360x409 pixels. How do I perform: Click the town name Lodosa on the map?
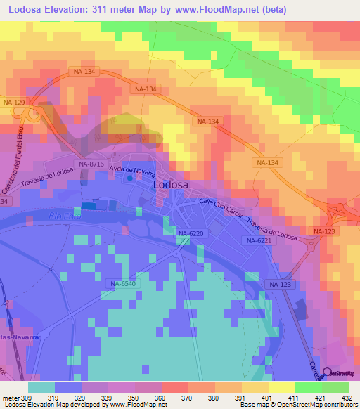[x=170, y=184]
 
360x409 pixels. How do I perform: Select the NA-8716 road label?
[x=91, y=164]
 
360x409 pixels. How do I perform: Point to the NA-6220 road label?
[x=190, y=233]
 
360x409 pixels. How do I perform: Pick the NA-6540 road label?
[x=122, y=284]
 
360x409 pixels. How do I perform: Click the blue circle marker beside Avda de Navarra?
[x=129, y=178]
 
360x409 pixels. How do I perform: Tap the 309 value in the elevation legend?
[x=27, y=398]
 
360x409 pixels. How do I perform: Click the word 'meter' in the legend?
[x=10, y=398]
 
